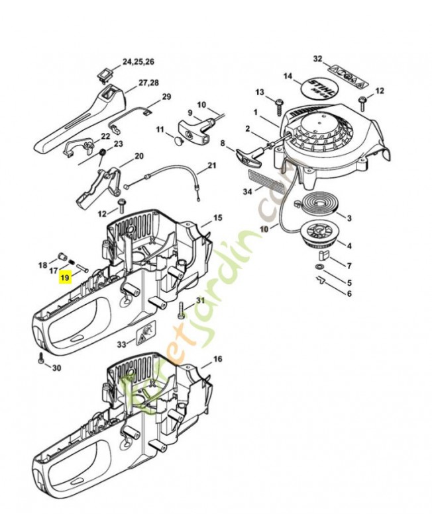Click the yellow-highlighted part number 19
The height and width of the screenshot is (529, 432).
tap(64, 279)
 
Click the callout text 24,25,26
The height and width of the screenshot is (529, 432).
tap(138, 61)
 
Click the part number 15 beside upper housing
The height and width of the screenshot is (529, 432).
tap(217, 218)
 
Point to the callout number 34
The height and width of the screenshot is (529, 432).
tap(248, 192)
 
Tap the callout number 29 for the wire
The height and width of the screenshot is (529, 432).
tap(166, 97)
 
